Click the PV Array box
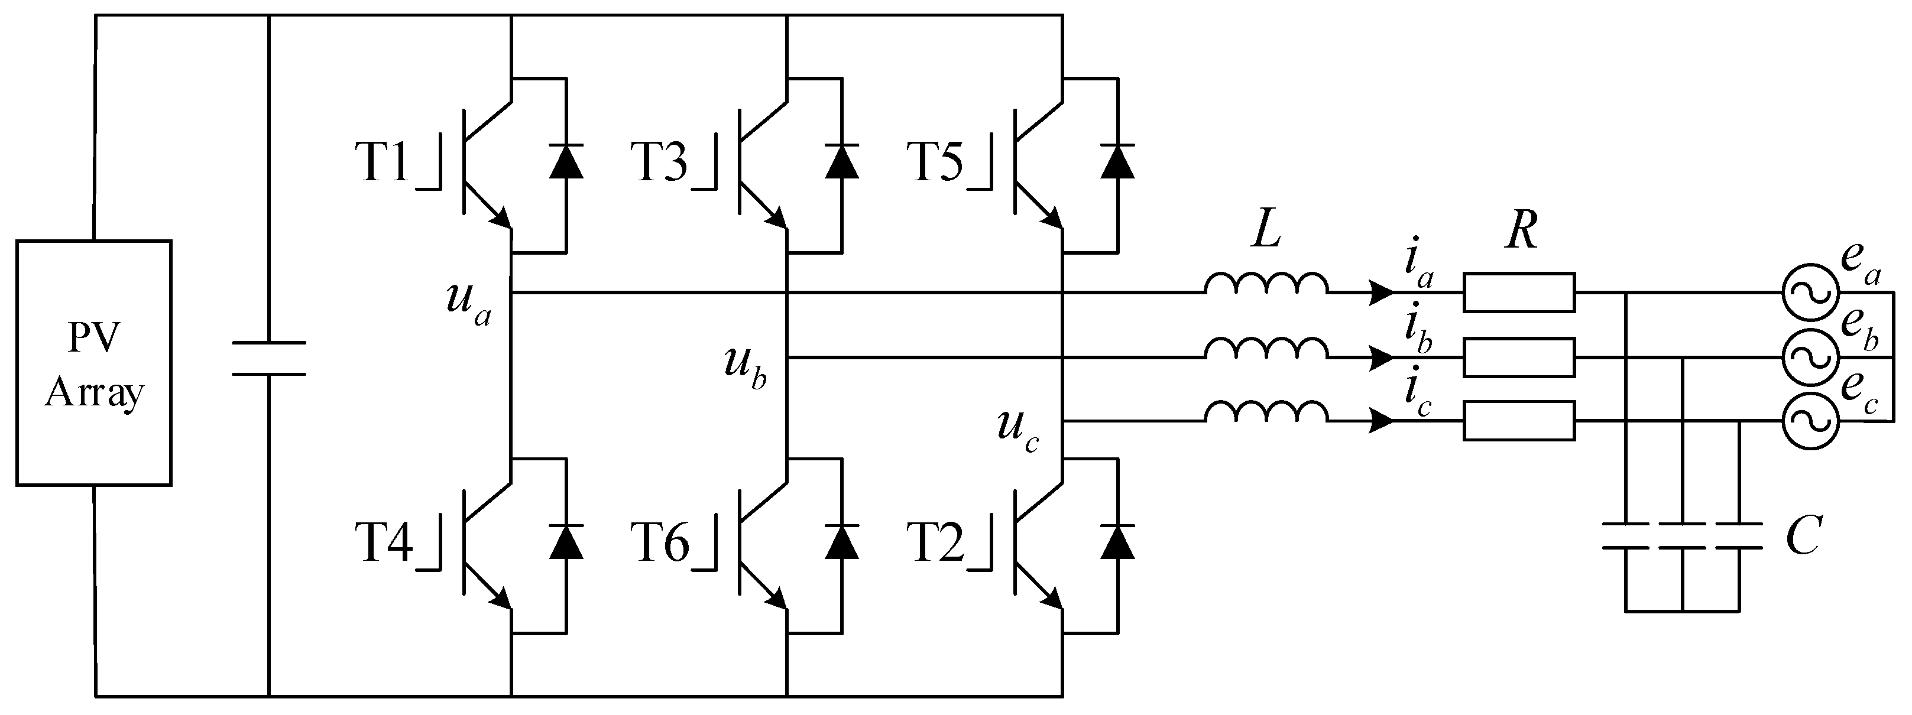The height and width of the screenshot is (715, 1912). pyautogui.click(x=93, y=363)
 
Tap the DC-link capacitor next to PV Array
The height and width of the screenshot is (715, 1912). pyautogui.click(x=268, y=358)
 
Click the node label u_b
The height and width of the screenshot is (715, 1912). pyautogui.click(x=745, y=366)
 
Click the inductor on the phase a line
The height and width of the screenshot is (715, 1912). pyautogui.click(x=1266, y=284)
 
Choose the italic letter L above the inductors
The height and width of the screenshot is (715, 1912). pyautogui.click(x=1266, y=232)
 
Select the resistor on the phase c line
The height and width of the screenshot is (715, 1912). pyautogui.click(x=1519, y=421)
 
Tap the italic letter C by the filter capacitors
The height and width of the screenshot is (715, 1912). pyautogui.click(x=1803, y=535)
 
